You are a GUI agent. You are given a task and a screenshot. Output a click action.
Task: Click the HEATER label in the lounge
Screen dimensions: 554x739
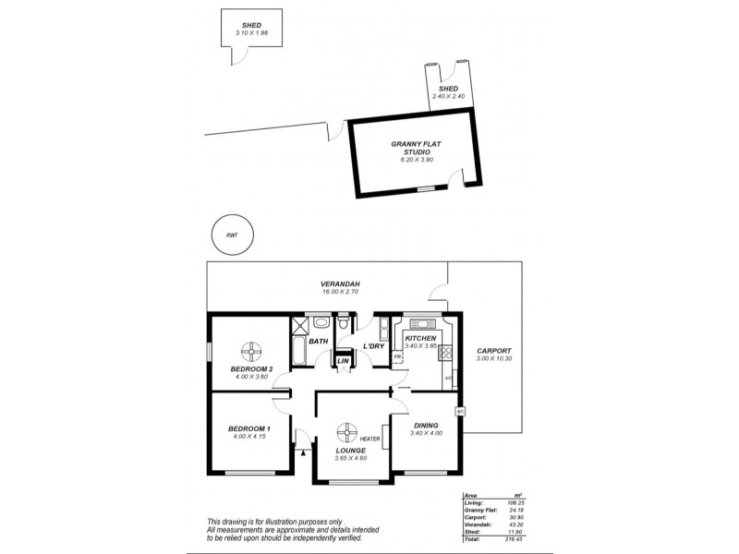tap(370, 439)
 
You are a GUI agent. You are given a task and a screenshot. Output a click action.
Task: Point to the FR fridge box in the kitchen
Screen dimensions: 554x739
tap(397, 355)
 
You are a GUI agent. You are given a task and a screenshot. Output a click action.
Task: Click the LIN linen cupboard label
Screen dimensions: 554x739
tap(343, 360)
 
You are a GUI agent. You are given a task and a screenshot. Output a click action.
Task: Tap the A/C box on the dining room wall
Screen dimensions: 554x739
tap(458, 410)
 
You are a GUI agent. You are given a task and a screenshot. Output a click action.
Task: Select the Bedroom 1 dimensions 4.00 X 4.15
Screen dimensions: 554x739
tap(249, 437)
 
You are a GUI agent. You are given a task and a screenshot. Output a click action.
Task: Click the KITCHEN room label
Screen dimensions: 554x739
tap(419, 338)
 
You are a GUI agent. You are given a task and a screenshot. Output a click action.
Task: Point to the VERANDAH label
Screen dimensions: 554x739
tap(339, 283)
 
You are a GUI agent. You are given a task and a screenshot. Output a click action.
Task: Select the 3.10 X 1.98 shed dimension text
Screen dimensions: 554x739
tap(250, 33)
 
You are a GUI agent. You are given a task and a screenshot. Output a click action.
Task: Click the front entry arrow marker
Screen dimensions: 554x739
tap(303, 452)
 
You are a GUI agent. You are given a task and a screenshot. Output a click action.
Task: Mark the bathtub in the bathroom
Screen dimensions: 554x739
tap(299, 346)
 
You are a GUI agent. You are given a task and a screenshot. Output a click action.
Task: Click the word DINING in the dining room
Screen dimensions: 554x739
tap(426, 426)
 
